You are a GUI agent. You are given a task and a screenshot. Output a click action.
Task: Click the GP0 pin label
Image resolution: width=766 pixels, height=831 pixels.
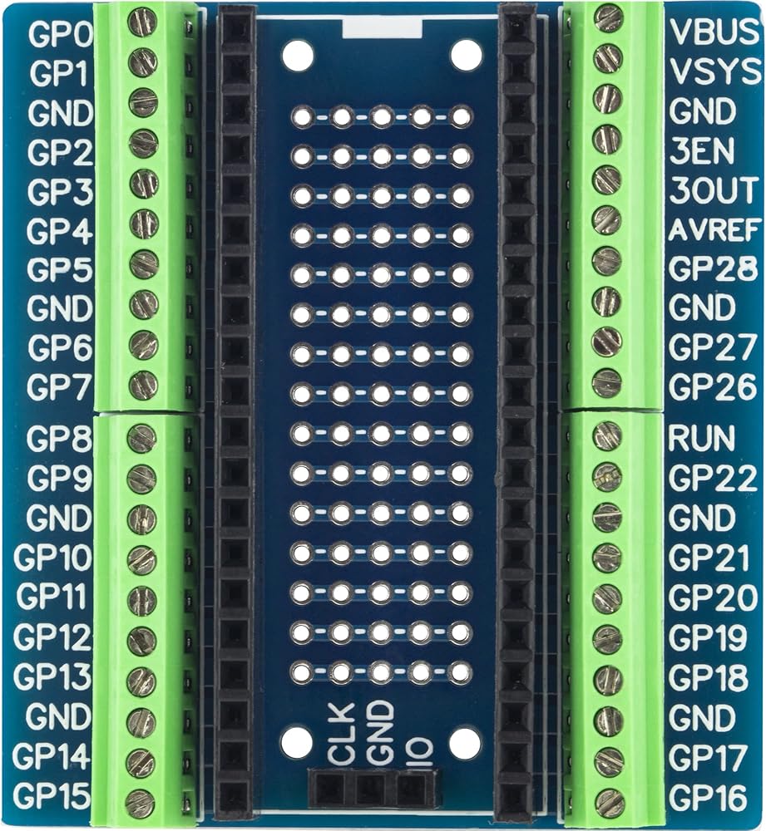(x=61, y=34)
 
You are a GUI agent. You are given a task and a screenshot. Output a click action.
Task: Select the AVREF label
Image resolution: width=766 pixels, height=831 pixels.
(x=714, y=230)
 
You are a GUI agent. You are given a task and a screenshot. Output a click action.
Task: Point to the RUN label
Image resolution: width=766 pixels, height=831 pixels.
(x=701, y=438)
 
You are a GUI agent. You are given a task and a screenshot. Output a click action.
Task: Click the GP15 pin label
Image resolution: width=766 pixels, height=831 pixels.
(x=52, y=795)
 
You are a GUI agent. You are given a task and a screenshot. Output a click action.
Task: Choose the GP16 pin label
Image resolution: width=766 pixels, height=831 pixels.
(x=708, y=797)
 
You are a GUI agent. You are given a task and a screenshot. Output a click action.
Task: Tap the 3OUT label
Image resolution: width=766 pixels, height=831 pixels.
(x=714, y=190)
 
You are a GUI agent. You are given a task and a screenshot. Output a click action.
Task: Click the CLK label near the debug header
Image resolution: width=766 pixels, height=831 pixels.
(x=340, y=734)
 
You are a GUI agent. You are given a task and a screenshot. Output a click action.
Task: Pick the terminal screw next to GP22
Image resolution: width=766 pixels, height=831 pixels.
(x=607, y=476)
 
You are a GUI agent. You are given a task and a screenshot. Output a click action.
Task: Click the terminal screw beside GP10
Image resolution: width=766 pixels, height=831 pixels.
(x=141, y=558)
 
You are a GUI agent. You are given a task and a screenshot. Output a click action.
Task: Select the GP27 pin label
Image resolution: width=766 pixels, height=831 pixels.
(x=713, y=347)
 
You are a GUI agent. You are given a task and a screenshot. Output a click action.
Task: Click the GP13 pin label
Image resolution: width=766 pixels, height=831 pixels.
(x=52, y=676)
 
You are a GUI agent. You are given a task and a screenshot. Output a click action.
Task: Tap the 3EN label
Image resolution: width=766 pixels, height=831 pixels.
(x=701, y=151)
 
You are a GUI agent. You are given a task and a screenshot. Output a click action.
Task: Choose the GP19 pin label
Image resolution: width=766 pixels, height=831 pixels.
(x=708, y=637)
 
